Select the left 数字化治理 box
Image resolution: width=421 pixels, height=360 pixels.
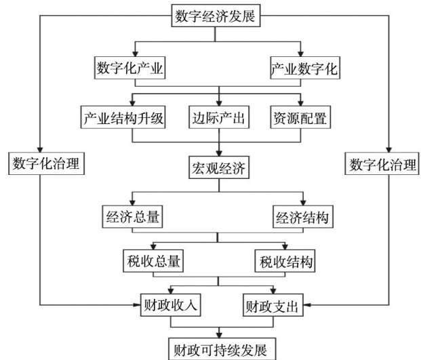click(46, 163)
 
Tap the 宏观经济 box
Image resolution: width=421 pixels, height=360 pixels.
click(218, 167)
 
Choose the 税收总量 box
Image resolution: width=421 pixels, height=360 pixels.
click(153, 260)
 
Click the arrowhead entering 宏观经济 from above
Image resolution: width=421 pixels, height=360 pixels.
click(218, 153)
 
